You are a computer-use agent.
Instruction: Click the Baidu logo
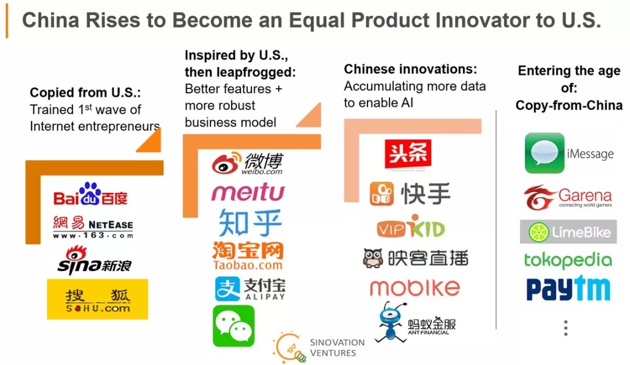click(x=90, y=194)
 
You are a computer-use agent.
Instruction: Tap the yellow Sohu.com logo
click(x=97, y=299)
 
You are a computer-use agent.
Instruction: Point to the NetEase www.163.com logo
click(x=93, y=227)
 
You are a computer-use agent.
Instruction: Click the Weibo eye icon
click(x=226, y=163)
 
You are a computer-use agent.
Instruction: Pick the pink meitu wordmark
click(x=248, y=192)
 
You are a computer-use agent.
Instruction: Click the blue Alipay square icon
click(x=228, y=289)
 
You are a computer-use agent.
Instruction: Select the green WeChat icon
click(x=234, y=326)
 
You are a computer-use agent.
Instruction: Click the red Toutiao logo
click(x=408, y=153)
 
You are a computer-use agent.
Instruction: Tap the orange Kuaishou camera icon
click(x=381, y=194)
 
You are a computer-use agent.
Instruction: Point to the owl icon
click(x=373, y=258)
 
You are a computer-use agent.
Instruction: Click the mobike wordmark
click(x=415, y=287)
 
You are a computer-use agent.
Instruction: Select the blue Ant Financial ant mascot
click(x=391, y=322)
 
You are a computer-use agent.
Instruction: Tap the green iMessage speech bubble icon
click(x=544, y=153)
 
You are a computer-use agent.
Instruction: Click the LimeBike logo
click(x=568, y=231)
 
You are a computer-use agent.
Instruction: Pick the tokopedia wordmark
click(x=568, y=261)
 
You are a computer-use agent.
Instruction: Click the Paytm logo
click(x=568, y=288)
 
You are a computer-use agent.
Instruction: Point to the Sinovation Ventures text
click(x=337, y=348)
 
